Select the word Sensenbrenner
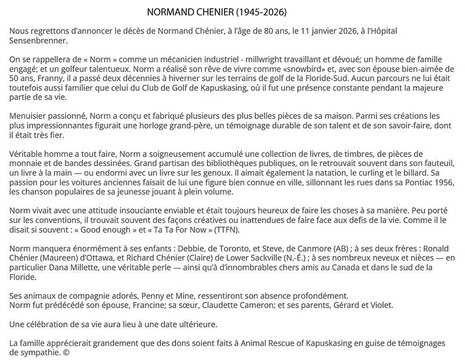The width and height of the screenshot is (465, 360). point(38,41)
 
